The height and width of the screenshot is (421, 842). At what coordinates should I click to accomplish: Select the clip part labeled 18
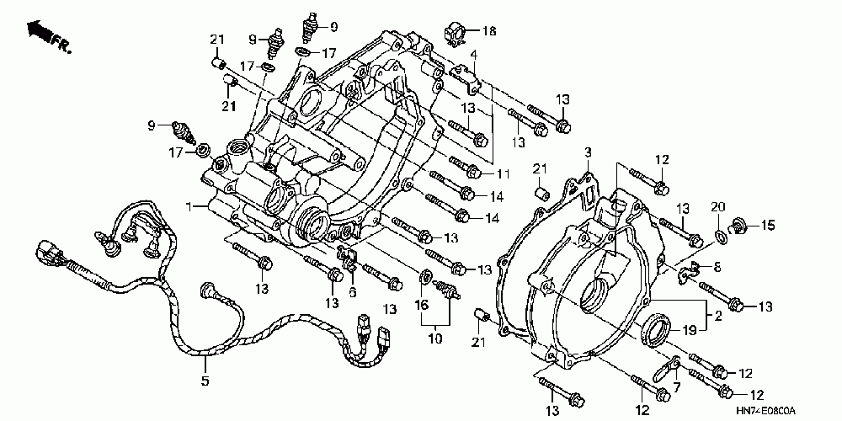[x=456, y=34]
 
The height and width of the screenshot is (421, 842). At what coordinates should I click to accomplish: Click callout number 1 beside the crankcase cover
[x=190, y=206]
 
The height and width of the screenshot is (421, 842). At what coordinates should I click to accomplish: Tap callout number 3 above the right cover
[x=589, y=152]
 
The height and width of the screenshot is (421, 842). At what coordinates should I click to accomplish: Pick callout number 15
[x=768, y=225]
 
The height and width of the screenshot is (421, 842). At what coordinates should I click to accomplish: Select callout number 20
[x=718, y=207]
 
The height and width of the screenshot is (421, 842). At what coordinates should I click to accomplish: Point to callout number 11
[x=504, y=173]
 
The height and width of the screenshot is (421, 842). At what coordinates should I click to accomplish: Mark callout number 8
[x=718, y=267]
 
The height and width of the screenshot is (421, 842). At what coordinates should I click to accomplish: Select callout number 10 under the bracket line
[x=434, y=339]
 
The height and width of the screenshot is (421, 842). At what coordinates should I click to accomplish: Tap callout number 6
[x=353, y=292]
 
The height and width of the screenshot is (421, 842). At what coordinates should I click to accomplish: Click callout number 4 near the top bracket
[x=474, y=55]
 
